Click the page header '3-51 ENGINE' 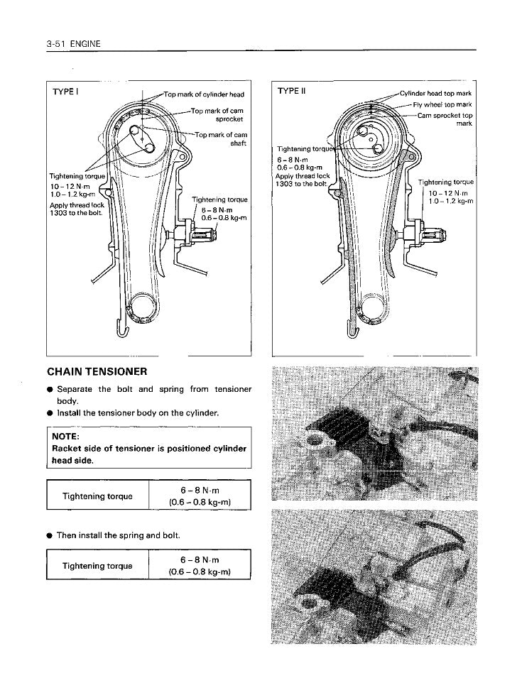[74, 44]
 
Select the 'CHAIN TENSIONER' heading [97, 371]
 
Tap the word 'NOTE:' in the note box [66, 437]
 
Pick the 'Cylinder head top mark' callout [435, 94]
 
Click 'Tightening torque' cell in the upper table [97, 496]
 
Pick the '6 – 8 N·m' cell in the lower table [200, 560]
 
